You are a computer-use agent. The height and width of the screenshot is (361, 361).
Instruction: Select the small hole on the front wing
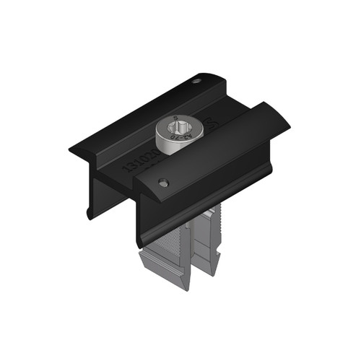tap(164, 183)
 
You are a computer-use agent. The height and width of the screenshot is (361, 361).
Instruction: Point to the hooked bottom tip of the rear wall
tap(87, 214)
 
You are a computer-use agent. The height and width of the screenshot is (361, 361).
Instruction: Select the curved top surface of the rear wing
tap(152, 108)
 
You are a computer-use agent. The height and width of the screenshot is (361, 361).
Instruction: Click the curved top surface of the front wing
tap(217, 152)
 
